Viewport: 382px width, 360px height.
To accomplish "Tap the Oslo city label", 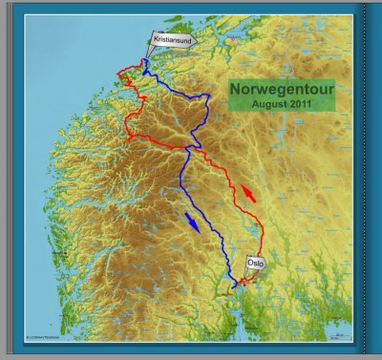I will (255, 262).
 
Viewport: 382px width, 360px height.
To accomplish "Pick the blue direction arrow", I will (193, 222).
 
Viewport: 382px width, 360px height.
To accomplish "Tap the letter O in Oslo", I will (249, 262).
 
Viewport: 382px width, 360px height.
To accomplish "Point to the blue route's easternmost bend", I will (209, 97).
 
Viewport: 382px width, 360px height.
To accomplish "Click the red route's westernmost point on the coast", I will (117, 74).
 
